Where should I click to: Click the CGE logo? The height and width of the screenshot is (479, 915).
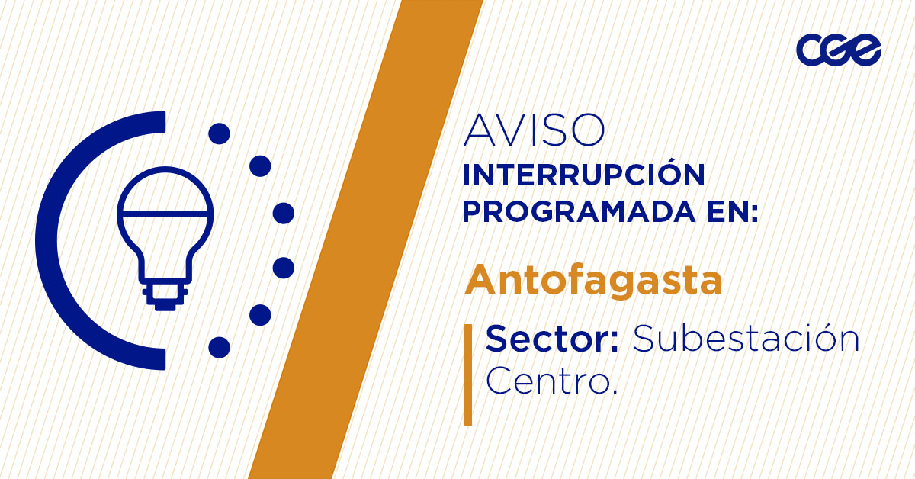click(x=838, y=50)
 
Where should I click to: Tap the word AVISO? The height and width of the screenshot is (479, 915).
click(x=534, y=131)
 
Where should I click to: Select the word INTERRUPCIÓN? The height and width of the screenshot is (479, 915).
click(x=583, y=175)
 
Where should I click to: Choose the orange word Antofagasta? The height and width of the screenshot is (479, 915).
click(x=593, y=281)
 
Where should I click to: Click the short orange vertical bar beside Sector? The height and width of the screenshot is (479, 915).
click(x=468, y=374)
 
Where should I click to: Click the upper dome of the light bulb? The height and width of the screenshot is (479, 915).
click(x=165, y=189)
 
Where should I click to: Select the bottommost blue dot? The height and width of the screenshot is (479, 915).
click(x=219, y=347)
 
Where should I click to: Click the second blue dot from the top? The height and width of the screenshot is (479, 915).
click(x=261, y=166)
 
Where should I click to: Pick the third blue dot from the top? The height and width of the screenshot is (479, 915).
click(x=284, y=213)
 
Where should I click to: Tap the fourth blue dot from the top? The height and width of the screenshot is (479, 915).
click(x=284, y=268)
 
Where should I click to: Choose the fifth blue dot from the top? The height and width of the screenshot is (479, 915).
click(x=261, y=314)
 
